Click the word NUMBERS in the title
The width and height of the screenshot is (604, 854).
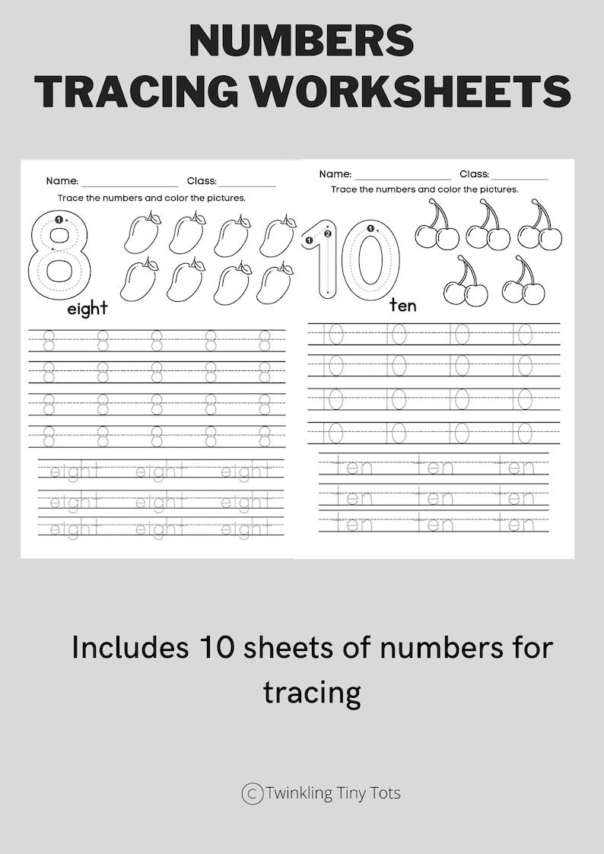[x=301, y=40]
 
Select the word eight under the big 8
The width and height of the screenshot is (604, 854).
[x=87, y=309]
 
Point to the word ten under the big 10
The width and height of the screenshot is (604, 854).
[x=403, y=305]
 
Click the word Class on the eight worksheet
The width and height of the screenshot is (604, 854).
[x=202, y=181]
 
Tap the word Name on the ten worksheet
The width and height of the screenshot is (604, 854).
[x=335, y=174]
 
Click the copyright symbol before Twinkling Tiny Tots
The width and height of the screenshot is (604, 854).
[x=252, y=794]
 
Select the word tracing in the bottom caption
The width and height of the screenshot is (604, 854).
[x=312, y=692]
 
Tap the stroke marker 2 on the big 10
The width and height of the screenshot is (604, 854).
[x=328, y=233]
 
